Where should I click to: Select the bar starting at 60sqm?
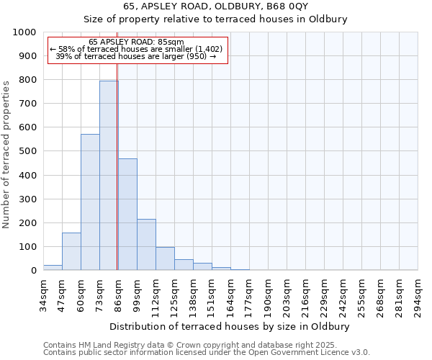pyautogui.click(x=90, y=202)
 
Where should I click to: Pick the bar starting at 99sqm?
pyautogui.click(x=146, y=244)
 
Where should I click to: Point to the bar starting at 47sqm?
pyautogui.click(x=71, y=251)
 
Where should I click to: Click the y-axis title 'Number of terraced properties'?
pyautogui.click(x=7, y=154)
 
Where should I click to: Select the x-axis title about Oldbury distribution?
pyautogui.click(x=230, y=326)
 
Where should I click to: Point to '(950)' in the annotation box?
pyautogui.click(x=195, y=56)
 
